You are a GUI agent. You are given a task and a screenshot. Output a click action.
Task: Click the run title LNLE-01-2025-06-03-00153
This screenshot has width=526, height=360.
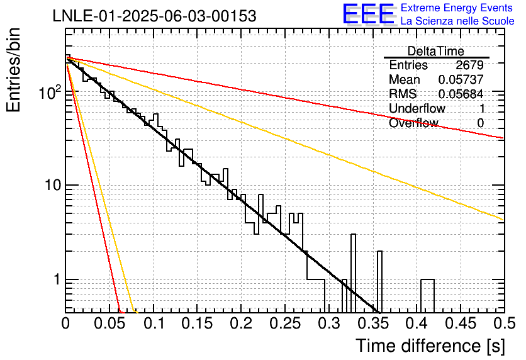155,16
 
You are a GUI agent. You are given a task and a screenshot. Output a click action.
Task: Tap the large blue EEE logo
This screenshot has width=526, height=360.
368,14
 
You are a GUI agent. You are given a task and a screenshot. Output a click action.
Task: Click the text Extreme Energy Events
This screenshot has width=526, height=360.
457,8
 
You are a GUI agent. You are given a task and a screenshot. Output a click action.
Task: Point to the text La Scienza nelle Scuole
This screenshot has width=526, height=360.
457,21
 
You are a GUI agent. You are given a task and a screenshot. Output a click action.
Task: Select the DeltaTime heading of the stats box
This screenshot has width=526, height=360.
436,51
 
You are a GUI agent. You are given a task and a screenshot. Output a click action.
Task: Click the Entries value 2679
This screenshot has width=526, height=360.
469,65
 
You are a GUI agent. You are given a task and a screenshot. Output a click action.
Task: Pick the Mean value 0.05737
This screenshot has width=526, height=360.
461,79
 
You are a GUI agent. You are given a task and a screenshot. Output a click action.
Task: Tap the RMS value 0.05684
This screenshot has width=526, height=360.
461,94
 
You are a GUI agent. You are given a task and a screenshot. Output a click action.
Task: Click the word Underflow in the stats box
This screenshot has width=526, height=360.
417,108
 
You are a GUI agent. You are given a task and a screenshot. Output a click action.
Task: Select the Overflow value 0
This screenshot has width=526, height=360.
480,123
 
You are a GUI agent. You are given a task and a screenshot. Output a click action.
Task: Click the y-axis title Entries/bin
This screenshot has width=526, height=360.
13,70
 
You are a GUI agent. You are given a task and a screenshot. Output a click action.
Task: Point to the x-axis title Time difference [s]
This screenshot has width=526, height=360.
430,346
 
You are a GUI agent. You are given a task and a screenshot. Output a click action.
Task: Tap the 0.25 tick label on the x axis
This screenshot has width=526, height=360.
285,323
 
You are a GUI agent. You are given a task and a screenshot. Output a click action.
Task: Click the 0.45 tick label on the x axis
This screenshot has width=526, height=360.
461,323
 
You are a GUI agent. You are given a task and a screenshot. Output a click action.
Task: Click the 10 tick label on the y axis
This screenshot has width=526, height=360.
53,185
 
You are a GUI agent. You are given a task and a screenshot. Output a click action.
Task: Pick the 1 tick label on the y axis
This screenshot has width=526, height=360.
57,279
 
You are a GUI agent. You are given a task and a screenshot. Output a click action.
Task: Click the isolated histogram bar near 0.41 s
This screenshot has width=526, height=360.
428,279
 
